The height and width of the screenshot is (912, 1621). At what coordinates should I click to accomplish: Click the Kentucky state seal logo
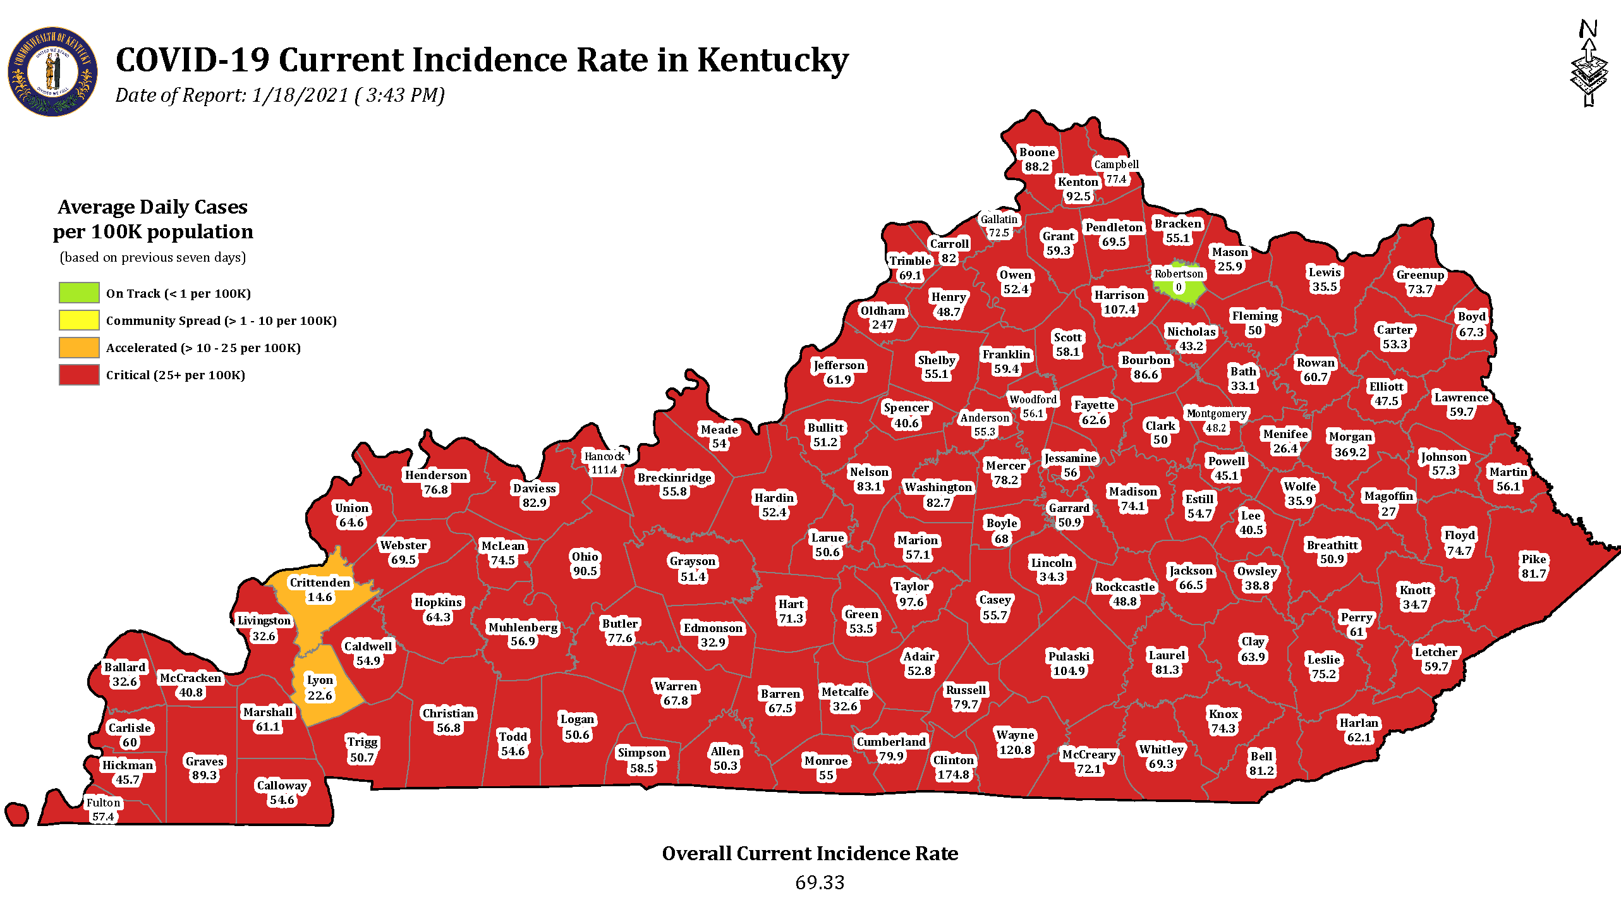click(52, 71)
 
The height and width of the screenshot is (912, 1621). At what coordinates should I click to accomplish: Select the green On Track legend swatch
click(79, 293)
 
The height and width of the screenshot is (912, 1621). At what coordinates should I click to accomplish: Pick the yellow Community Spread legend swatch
click(79, 320)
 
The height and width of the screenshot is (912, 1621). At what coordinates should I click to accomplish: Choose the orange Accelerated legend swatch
click(79, 347)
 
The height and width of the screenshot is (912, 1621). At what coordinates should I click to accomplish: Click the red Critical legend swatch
click(79, 374)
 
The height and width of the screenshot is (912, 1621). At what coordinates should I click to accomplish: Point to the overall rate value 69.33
click(820, 882)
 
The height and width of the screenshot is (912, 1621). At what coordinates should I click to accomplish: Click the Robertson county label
click(1179, 274)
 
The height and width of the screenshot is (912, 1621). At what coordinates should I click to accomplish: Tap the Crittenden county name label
click(320, 582)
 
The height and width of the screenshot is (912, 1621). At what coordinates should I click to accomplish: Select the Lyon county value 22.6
click(320, 695)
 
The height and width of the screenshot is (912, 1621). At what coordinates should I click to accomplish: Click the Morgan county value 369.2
click(1351, 452)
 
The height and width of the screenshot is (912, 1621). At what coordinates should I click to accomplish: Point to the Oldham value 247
click(882, 325)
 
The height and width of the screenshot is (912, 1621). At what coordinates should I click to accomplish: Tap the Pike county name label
click(1534, 559)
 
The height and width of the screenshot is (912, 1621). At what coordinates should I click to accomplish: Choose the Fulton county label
click(103, 803)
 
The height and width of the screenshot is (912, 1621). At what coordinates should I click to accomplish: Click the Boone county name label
click(1037, 152)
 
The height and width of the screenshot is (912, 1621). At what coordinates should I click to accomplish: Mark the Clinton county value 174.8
click(953, 774)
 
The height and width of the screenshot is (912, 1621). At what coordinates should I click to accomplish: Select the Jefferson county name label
click(839, 365)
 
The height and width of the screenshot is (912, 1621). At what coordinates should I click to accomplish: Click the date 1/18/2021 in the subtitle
click(300, 95)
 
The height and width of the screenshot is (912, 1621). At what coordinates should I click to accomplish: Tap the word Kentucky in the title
click(772, 60)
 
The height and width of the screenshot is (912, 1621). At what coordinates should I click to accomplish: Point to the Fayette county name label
click(1095, 404)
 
